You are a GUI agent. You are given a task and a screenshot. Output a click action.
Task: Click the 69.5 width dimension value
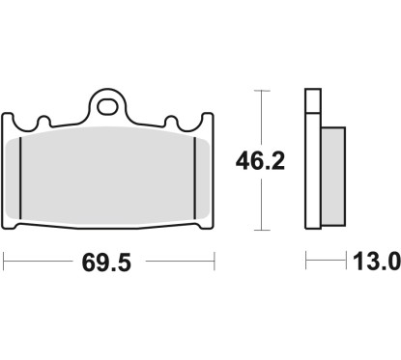coord(106,263)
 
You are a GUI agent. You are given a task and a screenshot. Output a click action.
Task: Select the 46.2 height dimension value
coord(260,161)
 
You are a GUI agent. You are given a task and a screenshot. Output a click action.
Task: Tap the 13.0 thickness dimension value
coord(377,262)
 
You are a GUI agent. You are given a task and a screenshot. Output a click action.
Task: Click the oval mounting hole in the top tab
coord(107,106)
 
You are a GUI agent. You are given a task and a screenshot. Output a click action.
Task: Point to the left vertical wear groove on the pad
coord(20,178)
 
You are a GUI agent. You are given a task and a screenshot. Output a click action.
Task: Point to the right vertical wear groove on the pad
coord(194,178)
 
